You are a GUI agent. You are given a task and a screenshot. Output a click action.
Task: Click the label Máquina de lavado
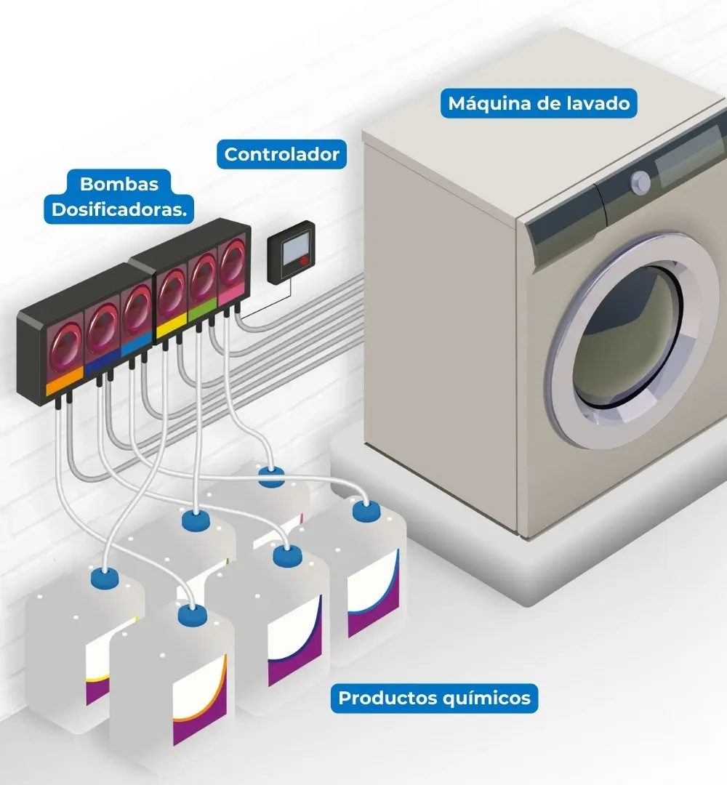tap(539, 103)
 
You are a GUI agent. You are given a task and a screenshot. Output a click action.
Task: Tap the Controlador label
tap(281, 154)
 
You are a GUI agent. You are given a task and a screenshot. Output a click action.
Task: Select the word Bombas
tap(119, 183)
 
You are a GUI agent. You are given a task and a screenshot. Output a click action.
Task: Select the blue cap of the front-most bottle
tap(192, 615)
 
